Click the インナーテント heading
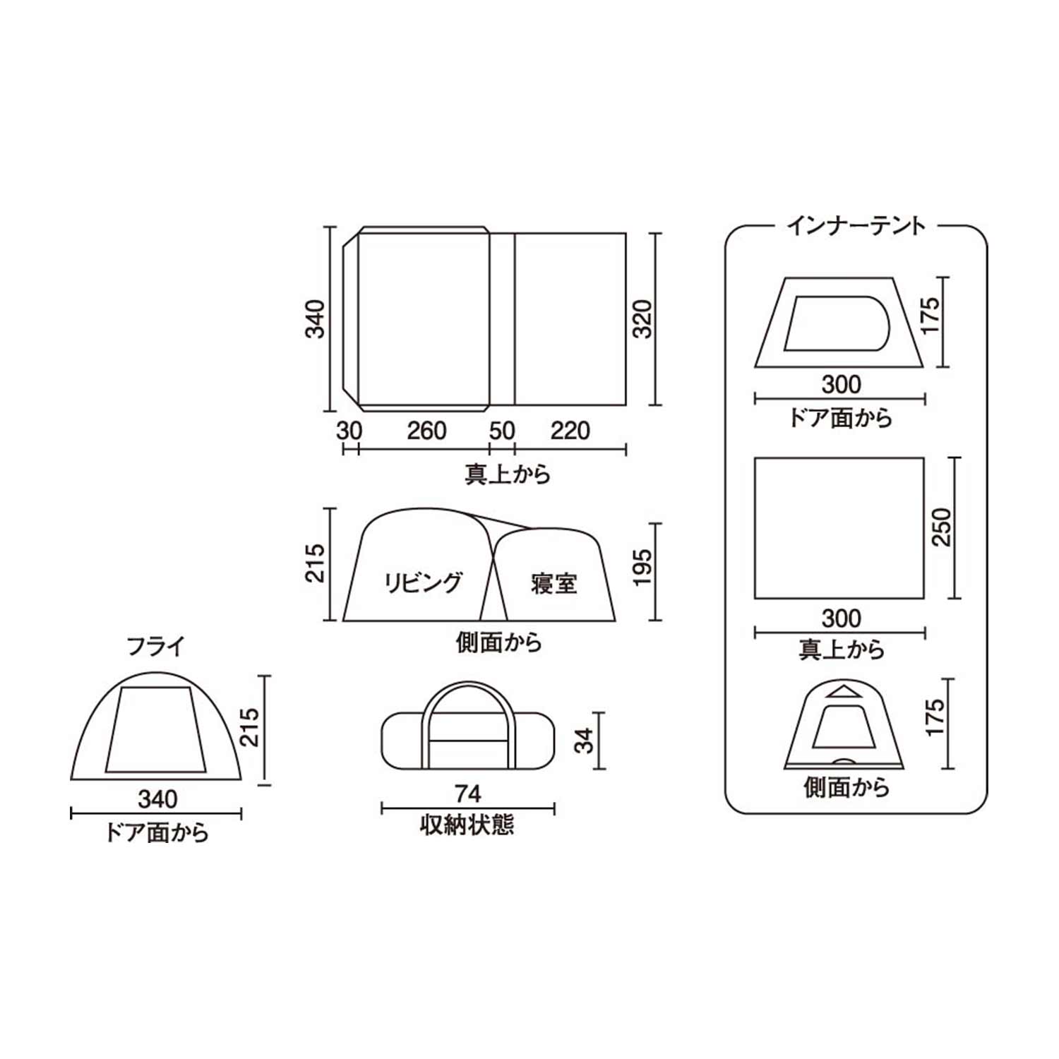(856, 226)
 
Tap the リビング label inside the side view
(422, 582)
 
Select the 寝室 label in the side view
(554, 583)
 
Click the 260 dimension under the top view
(426, 430)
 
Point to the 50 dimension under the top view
(501, 430)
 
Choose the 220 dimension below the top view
(570, 430)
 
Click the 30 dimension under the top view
(349, 430)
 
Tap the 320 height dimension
(642, 319)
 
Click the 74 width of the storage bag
(467, 794)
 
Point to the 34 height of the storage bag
(585, 740)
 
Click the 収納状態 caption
(467, 825)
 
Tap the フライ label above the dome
(155, 646)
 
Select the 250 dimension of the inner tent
(942, 527)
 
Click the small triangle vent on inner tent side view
(843, 691)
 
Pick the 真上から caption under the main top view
(508, 473)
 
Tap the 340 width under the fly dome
(157, 799)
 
